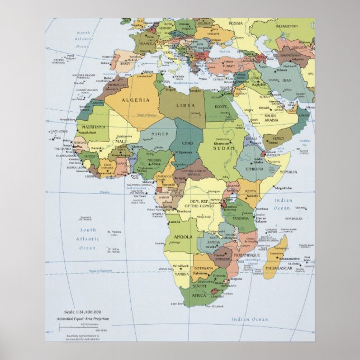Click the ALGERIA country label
(x=140, y=100)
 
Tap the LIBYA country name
(x=186, y=105)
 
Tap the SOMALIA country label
(x=288, y=172)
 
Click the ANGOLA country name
(x=183, y=236)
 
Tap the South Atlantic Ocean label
(x=87, y=238)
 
